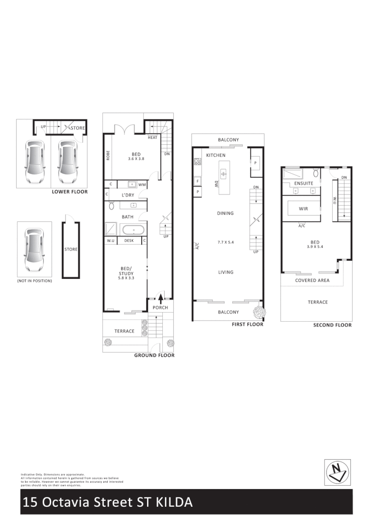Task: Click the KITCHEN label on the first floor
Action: pos(215,155)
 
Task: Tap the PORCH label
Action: pos(160,308)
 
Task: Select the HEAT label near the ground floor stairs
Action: pos(153,137)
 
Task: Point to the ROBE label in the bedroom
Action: pos(107,156)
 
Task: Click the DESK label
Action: pos(129,241)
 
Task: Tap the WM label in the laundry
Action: pos(142,185)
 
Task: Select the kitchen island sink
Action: pos(223,173)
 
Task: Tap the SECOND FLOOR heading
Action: pos(333,325)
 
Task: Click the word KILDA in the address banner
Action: pos(174,502)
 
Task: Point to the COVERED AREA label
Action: pos(312,280)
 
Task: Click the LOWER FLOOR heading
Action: pos(70,192)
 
